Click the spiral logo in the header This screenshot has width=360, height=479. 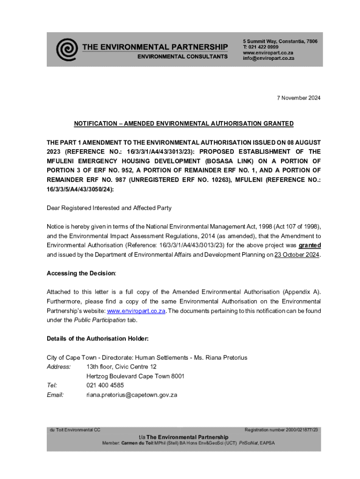[67, 49]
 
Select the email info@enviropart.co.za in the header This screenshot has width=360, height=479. [268, 58]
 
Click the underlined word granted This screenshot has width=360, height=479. [310, 245]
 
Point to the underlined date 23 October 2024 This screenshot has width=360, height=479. [297, 254]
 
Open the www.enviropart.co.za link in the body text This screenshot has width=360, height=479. [137, 311]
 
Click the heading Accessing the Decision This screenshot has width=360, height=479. [81, 273]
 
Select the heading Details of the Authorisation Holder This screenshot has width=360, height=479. [98, 339]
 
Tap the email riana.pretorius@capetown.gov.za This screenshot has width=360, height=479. [132, 395]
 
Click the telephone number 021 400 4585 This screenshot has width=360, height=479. [105, 385]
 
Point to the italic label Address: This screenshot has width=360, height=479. [58, 367]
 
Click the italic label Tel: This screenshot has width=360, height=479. [52, 385]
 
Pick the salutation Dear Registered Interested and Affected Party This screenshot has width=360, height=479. [108, 208]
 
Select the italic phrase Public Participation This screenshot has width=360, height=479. [100, 320]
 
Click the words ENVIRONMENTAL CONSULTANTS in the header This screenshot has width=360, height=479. [182, 57]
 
